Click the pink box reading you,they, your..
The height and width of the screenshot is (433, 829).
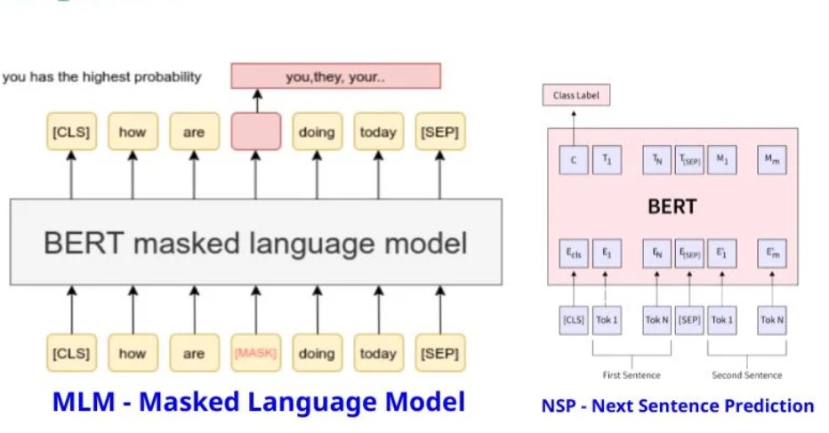click(x=335, y=76)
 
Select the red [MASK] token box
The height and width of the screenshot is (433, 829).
click(x=255, y=353)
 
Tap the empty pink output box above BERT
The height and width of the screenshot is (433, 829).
click(x=255, y=132)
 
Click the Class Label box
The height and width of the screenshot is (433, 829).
click(x=576, y=95)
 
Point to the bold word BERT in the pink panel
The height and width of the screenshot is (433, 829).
click(x=672, y=207)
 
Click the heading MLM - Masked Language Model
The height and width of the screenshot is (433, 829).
click(x=258, y=402)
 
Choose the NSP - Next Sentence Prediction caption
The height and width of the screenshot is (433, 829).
click(x=677, y=406)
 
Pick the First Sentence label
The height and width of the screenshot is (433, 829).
click(x=631, y=374)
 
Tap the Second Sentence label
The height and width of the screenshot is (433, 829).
click(x=746, y=374)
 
